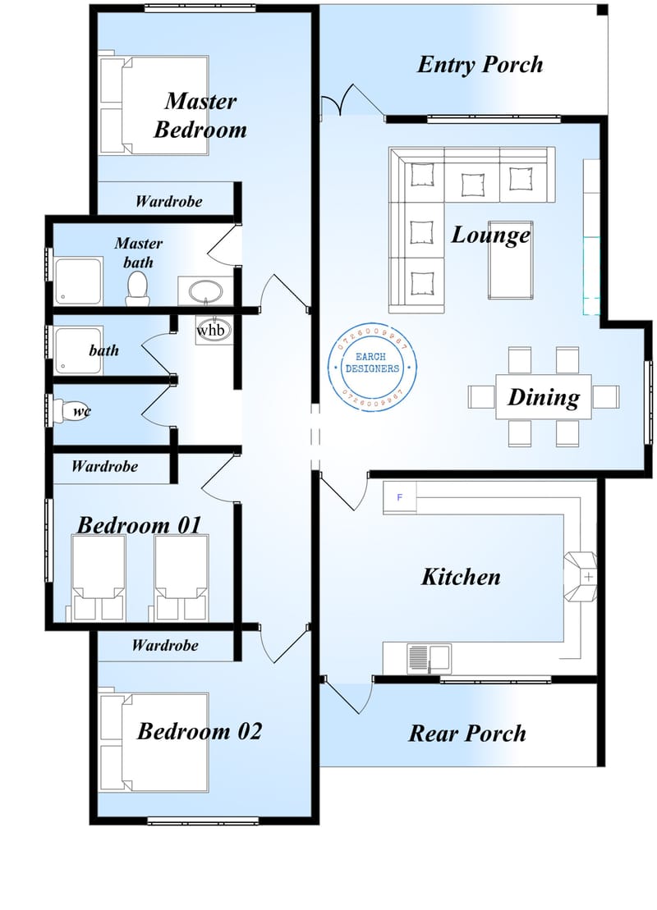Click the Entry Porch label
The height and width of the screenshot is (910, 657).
tap(480, 65)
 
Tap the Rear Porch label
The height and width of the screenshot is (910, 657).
tap(467, 733)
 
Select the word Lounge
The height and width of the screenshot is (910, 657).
tap(490, 236)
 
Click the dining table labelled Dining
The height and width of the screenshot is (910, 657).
tap(543, 397)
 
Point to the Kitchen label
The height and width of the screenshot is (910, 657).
tap(461, 577)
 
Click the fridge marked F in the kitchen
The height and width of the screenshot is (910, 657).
tap(400, 497)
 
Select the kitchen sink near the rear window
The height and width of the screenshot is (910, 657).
tap(429, 659)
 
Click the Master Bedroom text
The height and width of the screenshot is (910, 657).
tap(200, 115)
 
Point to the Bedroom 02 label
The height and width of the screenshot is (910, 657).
tap(199, 731)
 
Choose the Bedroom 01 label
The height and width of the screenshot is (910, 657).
tap(139, 525)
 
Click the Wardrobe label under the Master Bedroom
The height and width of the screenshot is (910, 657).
tap(168, 201)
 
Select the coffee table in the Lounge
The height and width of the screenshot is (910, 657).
tap(509, 260)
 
